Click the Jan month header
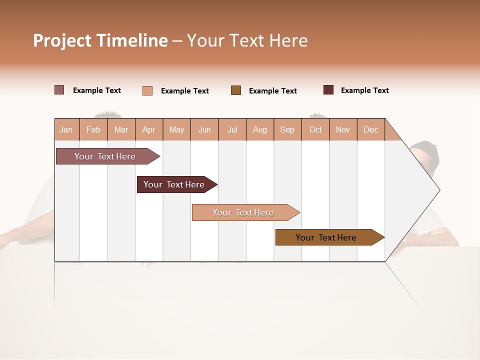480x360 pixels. [66, 129]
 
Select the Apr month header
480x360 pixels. [149, 129]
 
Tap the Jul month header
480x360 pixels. [232, 129]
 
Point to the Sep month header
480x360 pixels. [287, 129]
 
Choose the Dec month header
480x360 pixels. [370, 129]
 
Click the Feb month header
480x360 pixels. [93, 129]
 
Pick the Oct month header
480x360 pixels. [315, 129]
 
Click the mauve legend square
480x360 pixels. [59, 90]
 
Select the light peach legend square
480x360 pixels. [147, 90]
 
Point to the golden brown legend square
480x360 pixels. [236, 90]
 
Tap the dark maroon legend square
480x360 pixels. [328, 90]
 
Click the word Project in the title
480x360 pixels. [62, 40]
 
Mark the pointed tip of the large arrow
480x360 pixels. [438, 190]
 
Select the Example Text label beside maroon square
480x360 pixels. [364, 90]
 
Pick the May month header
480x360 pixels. [176, 129]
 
